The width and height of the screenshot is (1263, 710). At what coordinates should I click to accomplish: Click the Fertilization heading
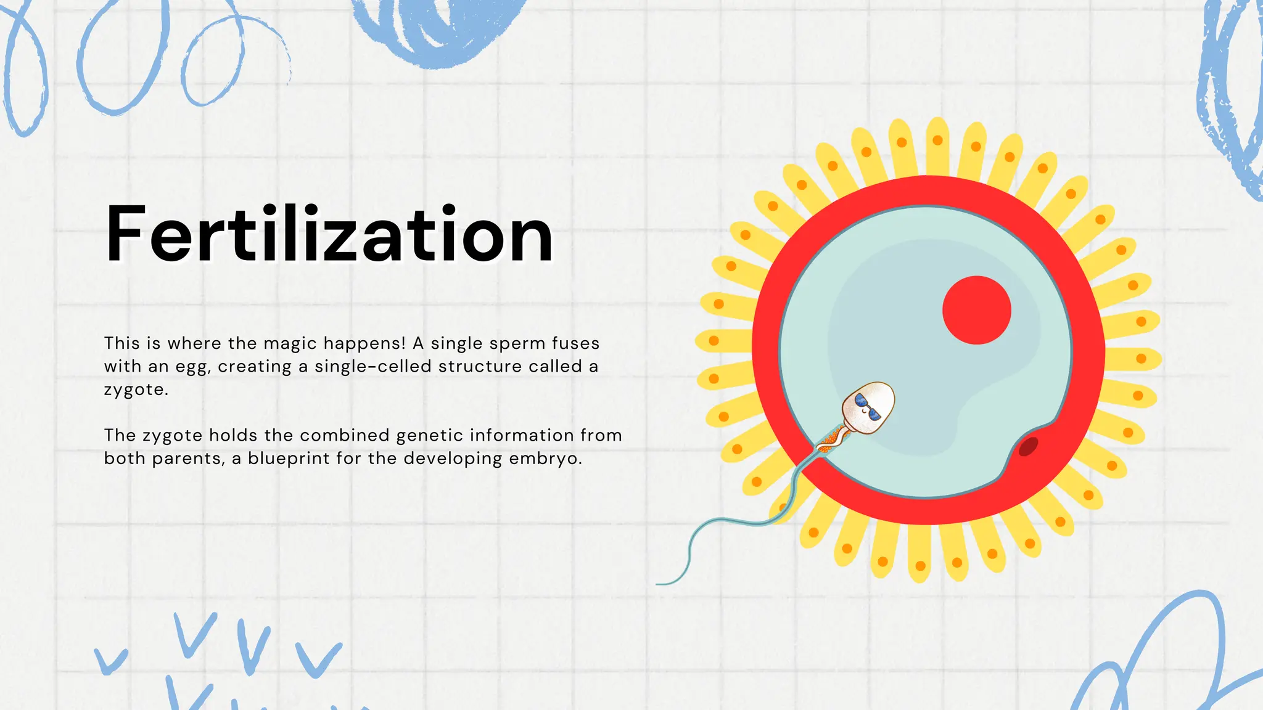(x=329, y=235)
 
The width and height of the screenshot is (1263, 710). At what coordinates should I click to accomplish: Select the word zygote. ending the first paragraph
(x=136, y=390)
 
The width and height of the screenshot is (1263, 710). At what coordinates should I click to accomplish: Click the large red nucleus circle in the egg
(x=976, y=310)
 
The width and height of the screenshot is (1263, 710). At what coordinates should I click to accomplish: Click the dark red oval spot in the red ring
(x=1028, y=446)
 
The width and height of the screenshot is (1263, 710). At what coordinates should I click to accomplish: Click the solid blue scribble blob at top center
(x=438, y=28)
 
